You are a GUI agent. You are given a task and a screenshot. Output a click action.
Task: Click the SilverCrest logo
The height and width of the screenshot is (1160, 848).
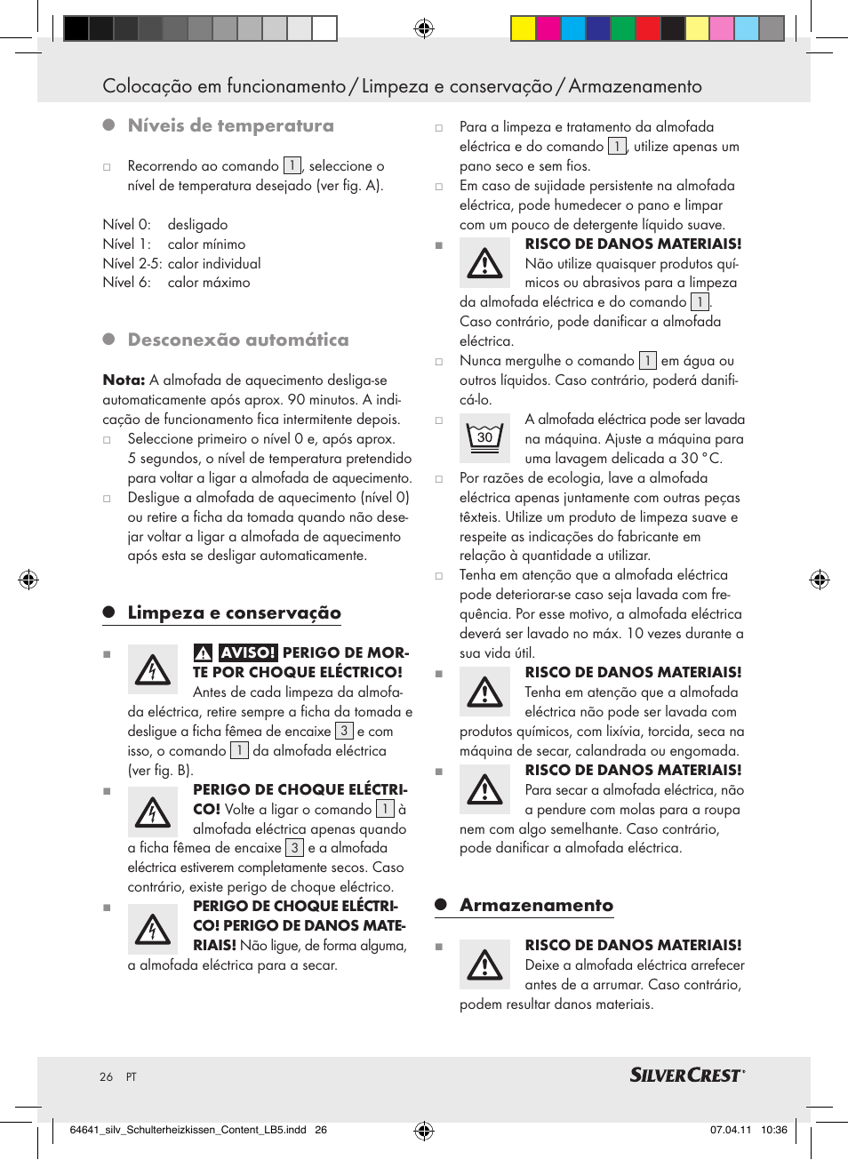coord(686,1076)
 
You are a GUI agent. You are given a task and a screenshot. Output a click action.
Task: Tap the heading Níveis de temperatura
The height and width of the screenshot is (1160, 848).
coord(230,126)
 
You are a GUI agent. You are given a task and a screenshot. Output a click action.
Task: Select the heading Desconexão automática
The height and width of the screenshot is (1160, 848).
coord(237,340)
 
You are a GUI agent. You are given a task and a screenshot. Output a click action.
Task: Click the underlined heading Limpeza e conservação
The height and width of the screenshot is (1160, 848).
coord(234,613)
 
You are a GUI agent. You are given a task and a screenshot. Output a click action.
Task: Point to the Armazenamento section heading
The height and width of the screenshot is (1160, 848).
coord(536,906)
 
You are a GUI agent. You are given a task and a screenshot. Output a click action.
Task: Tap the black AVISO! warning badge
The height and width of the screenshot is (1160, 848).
coord(248,653)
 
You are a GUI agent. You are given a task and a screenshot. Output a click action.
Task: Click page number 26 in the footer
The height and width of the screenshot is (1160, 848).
coord(107,1077)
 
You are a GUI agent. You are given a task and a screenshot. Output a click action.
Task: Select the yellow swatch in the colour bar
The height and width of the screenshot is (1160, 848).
coord(523,28)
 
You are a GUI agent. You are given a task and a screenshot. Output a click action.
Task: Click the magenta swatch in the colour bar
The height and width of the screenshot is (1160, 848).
coord(548,28)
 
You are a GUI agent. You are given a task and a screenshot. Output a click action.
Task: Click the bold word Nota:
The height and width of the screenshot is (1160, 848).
coord(124,380)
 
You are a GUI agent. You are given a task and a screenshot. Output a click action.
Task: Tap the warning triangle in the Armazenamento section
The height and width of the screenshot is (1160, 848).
coord(485,964)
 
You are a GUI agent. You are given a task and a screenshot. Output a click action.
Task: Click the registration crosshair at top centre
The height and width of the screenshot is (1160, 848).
coord(424,28)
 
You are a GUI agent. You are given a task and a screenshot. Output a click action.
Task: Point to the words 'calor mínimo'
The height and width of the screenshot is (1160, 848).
coord(206,244)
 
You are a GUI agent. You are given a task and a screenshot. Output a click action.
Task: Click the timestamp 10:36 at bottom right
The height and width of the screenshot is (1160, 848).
coord(774,1131)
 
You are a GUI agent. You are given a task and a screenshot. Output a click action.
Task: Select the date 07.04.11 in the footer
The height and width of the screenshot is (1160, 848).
coord(730,1131)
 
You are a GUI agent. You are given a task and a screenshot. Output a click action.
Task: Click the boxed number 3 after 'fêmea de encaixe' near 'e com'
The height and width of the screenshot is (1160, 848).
coord(344,731)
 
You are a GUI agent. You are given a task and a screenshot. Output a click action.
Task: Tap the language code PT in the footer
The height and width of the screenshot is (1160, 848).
coord(132,1077)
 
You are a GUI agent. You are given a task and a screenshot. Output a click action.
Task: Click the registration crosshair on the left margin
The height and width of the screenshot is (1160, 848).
coord(28,580)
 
